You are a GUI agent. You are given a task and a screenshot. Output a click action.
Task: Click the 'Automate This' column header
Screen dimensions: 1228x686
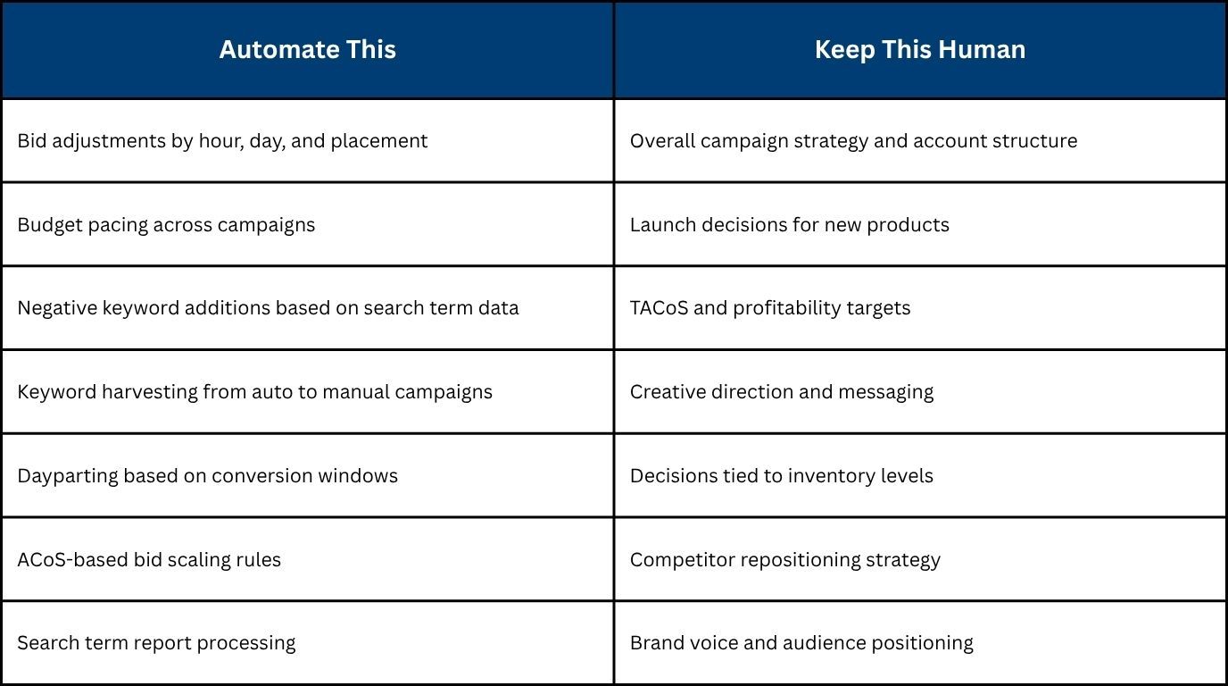[x=308, y=49]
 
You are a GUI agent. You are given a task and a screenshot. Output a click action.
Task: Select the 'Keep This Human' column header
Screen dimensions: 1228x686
[x=920, y=49]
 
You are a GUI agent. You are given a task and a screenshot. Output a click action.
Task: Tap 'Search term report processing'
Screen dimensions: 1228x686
[x=156, y=642]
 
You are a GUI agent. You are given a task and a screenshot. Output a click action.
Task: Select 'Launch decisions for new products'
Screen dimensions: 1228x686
[x=790, y=225]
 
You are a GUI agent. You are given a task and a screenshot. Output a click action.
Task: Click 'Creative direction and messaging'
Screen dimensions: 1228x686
[x=782, y=392]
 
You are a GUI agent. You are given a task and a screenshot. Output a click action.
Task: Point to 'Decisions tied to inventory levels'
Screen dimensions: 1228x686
[x=782, y=476]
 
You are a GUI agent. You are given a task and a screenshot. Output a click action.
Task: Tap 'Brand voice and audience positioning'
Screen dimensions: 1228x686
[x=801, y=642]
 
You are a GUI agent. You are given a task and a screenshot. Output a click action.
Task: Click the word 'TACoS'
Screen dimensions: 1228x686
[x=659, y=308]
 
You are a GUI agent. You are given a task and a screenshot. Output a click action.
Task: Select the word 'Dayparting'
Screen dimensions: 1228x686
[x=68, y=476]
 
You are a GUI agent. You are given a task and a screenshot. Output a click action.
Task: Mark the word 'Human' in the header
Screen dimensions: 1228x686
[x=982, y=49]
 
